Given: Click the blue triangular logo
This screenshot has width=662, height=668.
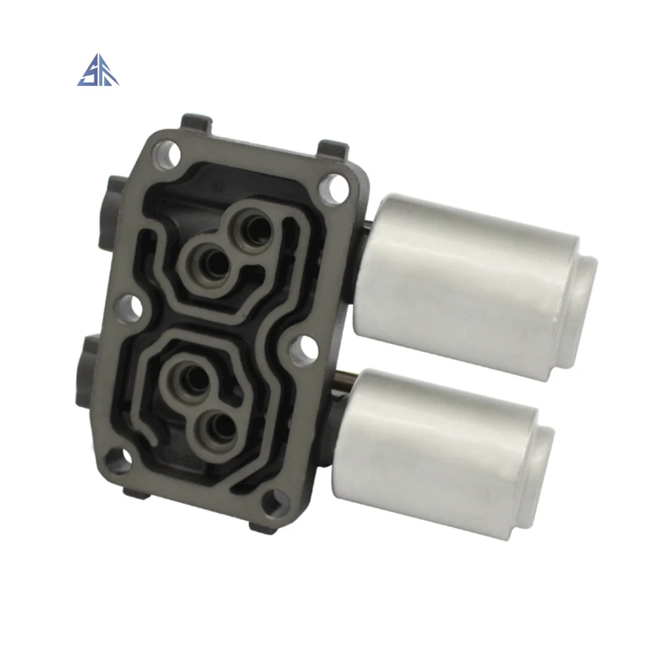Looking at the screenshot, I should pyautogui.click(x=98, y=72).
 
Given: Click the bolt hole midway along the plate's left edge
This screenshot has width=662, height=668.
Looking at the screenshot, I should pyautogui.click(x=135, y=308).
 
